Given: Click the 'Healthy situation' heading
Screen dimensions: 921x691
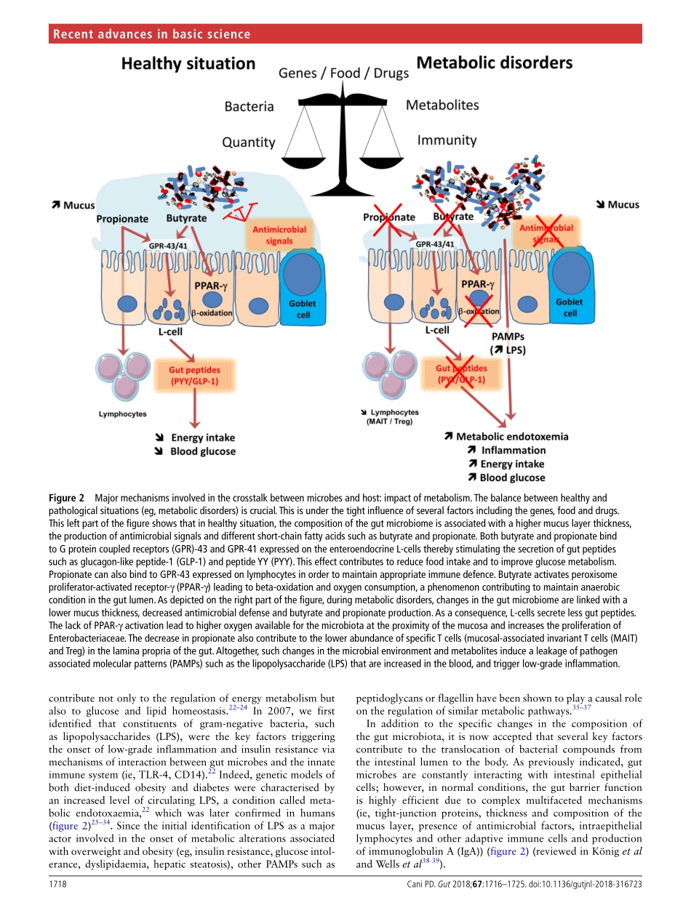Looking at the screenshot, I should (x=188, y=64).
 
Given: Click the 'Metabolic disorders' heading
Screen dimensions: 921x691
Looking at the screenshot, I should (x=494, y=63).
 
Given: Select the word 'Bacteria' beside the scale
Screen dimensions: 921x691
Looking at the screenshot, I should (x=249, y=107).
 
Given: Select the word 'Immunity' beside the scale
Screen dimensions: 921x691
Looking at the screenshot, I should (x=447, y=140).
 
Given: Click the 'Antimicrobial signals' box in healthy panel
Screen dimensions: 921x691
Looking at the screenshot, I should (x=279, y=235).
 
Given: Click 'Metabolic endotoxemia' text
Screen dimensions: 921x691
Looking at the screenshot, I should (x=506, y=437).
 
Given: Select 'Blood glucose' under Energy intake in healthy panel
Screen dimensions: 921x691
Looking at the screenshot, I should (x=203, y=451).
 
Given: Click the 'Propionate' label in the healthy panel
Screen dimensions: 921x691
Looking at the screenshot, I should (x=122, y=219).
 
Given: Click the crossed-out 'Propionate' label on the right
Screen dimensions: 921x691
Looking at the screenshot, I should (x=389, y=217).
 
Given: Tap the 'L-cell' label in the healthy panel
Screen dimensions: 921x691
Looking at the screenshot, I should (x=170, y=331).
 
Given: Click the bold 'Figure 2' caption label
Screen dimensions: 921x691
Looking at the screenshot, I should (x=66, y=498).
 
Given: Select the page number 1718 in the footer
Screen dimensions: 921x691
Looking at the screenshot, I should (x=59, y=903).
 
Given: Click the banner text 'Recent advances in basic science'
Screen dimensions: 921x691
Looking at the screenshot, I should (x=152, y=34).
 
